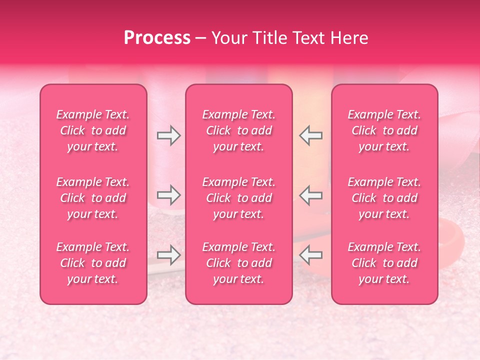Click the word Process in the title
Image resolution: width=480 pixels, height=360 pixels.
coord(157,38)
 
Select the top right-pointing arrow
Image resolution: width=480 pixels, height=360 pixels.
coord(169,135)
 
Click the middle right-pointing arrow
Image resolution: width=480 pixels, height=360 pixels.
coord(169,194)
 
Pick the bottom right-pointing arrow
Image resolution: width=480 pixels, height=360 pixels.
coord(169,255)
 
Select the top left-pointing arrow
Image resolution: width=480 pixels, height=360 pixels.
coord(311,135)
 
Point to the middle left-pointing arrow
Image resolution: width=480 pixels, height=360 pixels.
coord(311,194)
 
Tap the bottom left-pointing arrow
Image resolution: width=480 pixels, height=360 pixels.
coord(311,255)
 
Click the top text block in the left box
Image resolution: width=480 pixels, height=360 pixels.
coord(93,130)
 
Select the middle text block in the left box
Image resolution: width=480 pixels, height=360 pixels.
coord(93,198)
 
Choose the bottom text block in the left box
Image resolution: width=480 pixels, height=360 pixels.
coord(93,263)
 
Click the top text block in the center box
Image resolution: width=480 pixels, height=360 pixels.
coord(239,130)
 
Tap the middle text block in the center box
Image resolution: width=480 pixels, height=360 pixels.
coord(239,198)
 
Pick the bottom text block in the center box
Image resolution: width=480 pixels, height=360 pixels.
coord(239,263)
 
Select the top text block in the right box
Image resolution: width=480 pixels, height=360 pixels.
coord(384,130)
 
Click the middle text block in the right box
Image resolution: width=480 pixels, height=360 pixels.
coord(384,198)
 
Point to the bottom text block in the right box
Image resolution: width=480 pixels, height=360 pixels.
coord(384,263)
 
